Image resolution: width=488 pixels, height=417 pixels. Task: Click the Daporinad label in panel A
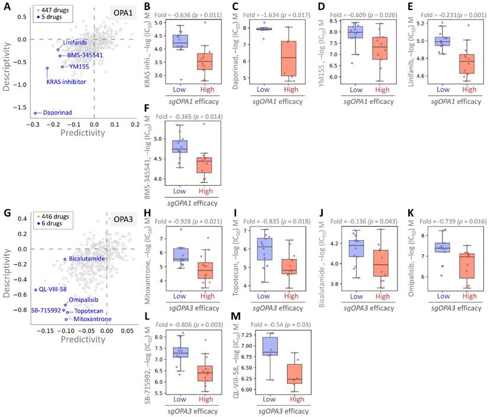coord(62,112)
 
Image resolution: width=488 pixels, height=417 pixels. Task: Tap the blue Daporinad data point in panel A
coord(35,112)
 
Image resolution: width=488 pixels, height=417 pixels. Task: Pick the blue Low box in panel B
coord(180,41)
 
